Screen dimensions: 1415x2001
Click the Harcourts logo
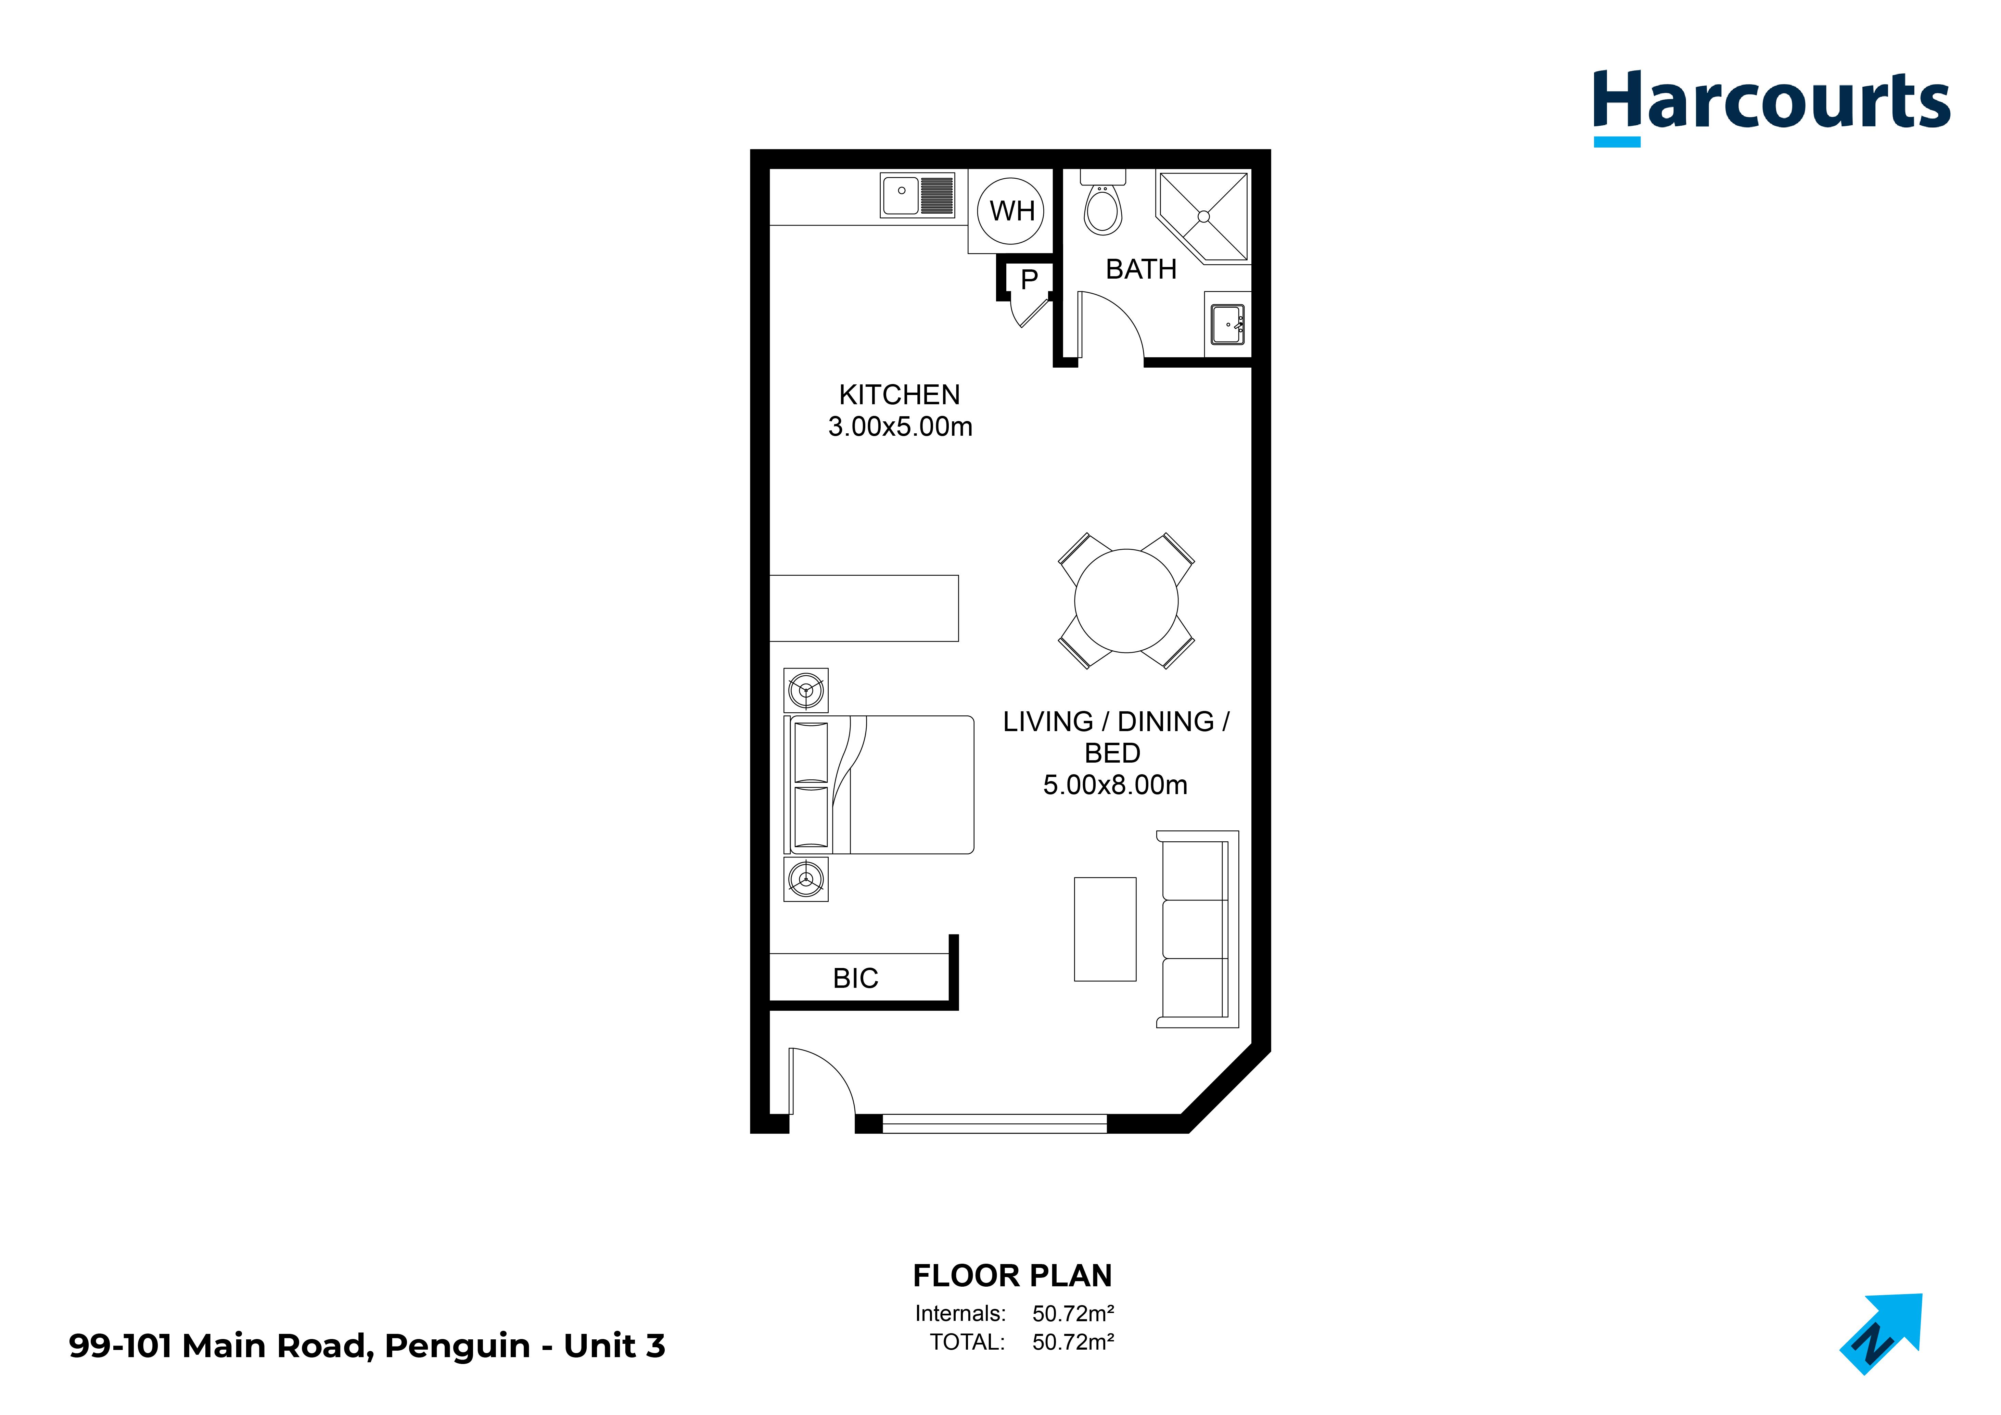1769,104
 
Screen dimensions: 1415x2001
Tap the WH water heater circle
1011,211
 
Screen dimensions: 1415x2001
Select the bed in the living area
880,784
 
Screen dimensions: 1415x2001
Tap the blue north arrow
1883,1333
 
